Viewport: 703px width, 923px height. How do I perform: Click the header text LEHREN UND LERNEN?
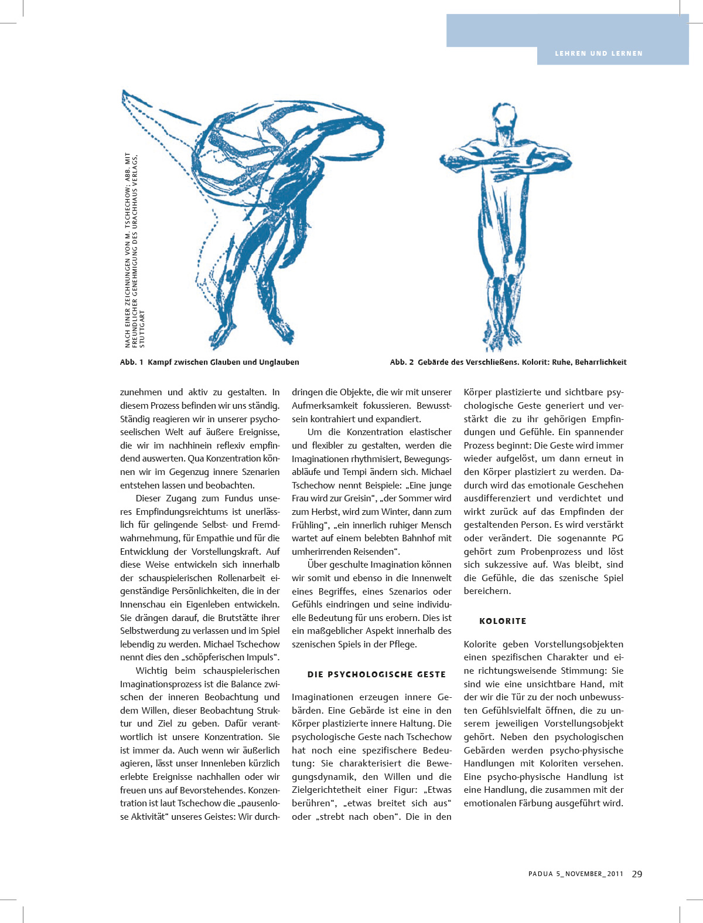(x=599, y=53)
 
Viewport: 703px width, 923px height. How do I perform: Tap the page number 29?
(x=637, y=874)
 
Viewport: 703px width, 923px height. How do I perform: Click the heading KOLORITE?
(x=503, y=621)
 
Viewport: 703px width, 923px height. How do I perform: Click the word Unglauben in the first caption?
(x=278, y=362)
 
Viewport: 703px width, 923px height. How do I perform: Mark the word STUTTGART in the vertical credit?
(x=142, y=329)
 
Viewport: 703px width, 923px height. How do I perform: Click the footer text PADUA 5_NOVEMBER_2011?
(x=575, y=874)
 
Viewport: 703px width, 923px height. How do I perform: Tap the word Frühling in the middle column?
(x=308, y=525)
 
